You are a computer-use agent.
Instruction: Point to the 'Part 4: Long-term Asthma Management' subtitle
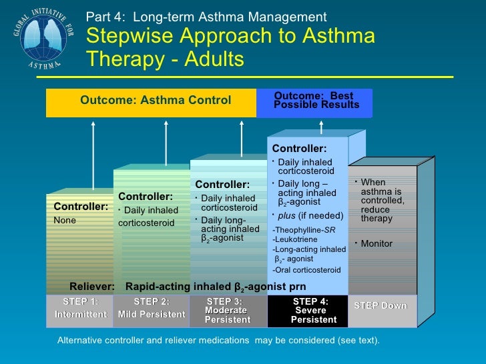pos(207,17)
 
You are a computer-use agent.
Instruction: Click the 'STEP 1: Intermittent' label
pos(80,308)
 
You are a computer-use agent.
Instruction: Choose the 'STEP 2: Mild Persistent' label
pos(152,308)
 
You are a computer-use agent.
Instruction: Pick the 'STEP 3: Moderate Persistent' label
pos(228,311)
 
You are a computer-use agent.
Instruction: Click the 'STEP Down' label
pos(380,306)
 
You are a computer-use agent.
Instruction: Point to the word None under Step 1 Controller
pos(65,221)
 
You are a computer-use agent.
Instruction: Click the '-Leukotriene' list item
pos(297,239)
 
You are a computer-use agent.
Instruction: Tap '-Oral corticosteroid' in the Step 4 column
pos(306,270)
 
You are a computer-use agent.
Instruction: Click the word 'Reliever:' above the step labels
pos(92,287)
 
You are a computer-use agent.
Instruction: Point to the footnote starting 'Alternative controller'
pos(219,341)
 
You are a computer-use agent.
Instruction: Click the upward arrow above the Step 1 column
pos(93,156)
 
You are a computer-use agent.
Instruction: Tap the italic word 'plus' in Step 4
pos(286,216)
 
